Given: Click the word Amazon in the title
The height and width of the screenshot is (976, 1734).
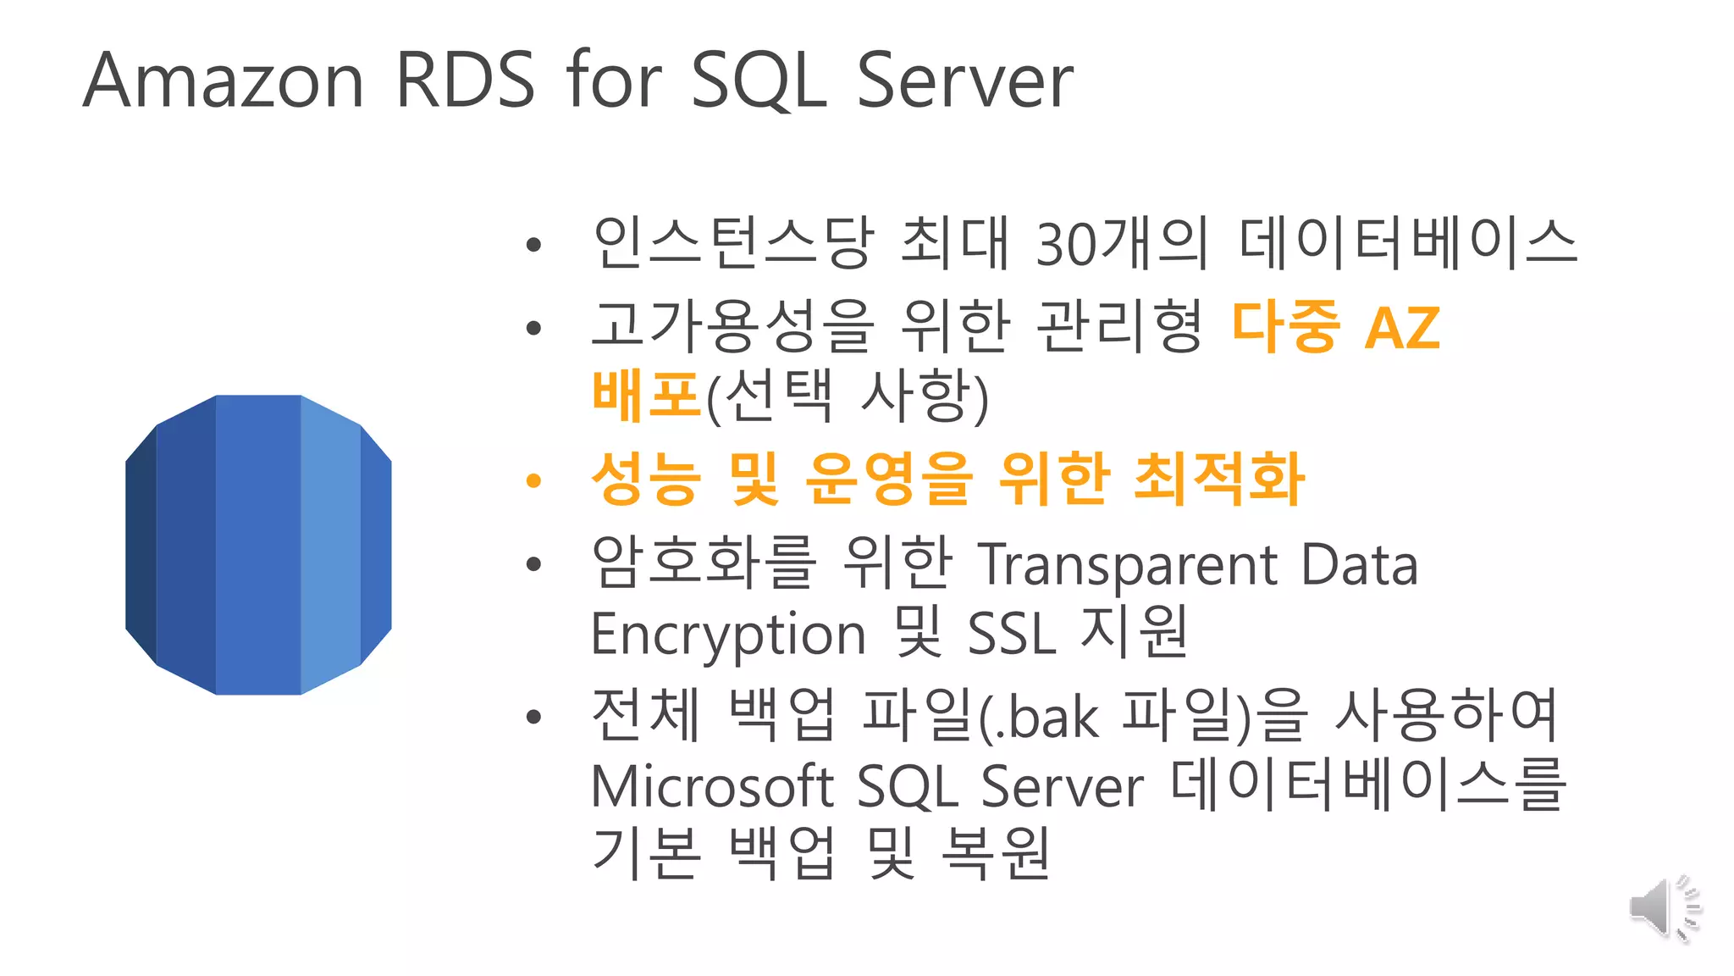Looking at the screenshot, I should coord(224,81).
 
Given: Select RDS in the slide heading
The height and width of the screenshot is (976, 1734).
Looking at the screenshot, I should coord(465,80).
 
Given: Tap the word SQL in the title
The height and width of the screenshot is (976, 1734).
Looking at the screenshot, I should coord(759,81).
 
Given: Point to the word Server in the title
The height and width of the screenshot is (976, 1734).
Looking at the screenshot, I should coord(964,81).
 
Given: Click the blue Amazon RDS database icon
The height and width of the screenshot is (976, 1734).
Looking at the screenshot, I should coord(258,545).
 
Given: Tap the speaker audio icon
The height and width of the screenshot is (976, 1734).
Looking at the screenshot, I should coord(1664,908).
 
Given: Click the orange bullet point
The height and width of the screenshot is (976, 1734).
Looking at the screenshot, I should coord(533,481).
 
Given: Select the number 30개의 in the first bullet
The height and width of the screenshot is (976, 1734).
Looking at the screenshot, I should coord(1121,243).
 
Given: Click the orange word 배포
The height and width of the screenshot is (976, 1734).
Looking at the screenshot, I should coord(646,396).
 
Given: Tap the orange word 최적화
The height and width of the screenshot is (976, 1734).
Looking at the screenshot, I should coord(1218,479).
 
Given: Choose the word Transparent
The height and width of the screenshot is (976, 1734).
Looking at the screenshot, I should coord(1128,565).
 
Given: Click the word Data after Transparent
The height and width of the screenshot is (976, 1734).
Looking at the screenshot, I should coord(1359,565).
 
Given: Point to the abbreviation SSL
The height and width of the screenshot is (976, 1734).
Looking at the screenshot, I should coord(1011,634).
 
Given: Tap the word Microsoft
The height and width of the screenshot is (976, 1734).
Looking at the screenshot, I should coord(711,786).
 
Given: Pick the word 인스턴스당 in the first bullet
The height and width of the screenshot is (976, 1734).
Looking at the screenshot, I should coord(733,243).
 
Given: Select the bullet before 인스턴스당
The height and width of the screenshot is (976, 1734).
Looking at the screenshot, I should coord(533,246).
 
